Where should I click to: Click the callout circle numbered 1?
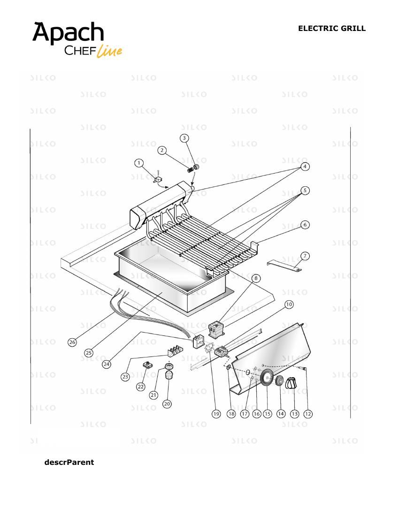point(139,163)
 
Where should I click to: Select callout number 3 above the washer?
point(184,138)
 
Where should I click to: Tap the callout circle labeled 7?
point(305,256)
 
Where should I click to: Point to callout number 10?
point(289,304)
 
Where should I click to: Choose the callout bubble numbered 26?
point(72,342)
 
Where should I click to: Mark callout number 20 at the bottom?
point(167,404)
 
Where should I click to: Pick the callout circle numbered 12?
point(308,414)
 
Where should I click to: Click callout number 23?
point(125,377)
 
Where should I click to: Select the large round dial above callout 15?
point(267,377)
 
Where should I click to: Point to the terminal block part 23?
point(175,351)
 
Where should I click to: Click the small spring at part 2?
point(190,170)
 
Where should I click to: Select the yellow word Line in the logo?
point(109,51)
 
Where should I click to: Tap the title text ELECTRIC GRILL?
point(332,28)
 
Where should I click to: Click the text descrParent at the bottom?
point(69,463)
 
